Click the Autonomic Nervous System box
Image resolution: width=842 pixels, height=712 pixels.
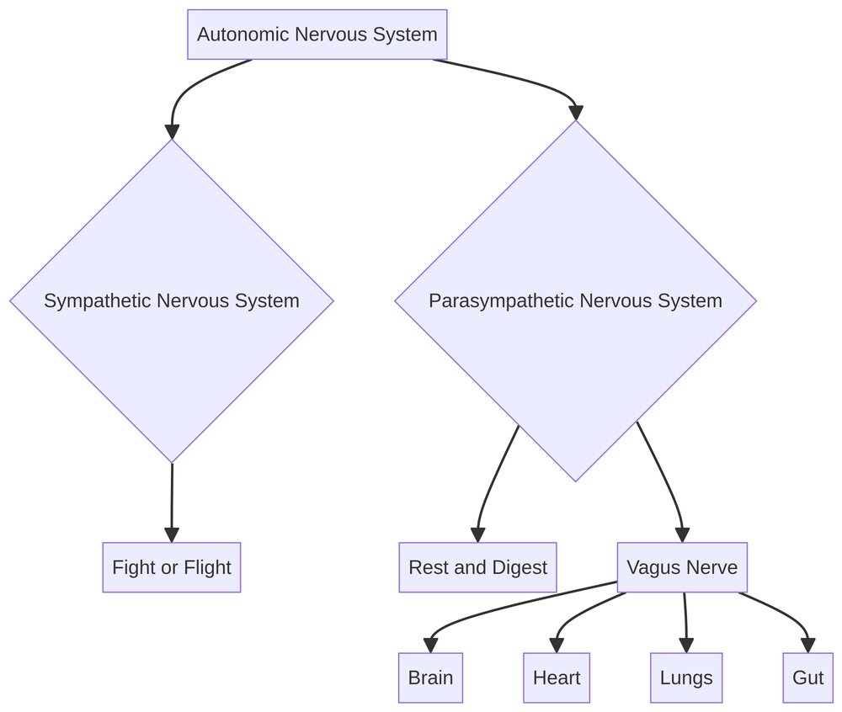pos(317,35)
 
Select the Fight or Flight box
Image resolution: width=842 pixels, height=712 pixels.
pos(172,567)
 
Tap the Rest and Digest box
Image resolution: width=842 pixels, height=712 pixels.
pos(477,567)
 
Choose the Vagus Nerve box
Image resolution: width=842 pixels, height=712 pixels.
pos(682,567)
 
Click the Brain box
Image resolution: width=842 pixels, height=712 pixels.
pos(430,677)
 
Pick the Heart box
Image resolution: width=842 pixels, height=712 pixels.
pos(557,677)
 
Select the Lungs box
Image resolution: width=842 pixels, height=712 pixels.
pos(686,677)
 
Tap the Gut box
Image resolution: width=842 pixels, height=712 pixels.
pos(807,677)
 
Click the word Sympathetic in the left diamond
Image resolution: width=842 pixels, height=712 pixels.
pos(97,300)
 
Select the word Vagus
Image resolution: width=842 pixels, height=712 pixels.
pos(653,567)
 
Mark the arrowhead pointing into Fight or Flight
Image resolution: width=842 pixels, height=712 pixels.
pos(172,535)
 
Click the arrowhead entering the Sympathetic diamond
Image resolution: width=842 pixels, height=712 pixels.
pos(172,131)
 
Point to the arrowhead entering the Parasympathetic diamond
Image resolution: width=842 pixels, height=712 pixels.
pos(576,113)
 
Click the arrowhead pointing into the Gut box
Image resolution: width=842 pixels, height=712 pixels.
pos(807,646)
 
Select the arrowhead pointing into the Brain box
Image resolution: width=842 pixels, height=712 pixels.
pos(430,646)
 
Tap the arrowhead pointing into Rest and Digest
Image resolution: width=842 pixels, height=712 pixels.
pos(477,535)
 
